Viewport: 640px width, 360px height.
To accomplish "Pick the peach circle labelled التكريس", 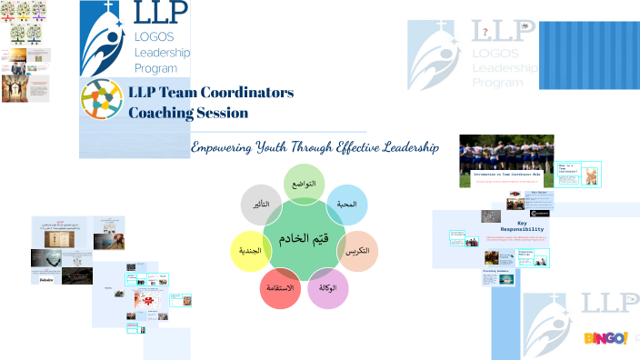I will tap(357, 250).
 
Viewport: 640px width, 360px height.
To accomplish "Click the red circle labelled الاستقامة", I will tap(281, 288).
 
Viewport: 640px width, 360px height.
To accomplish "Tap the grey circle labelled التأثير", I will tap(260, 204).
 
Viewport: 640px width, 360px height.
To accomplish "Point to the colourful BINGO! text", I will tap(605, 338).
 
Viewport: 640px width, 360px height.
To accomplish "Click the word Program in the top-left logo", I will tap(155, 68).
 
